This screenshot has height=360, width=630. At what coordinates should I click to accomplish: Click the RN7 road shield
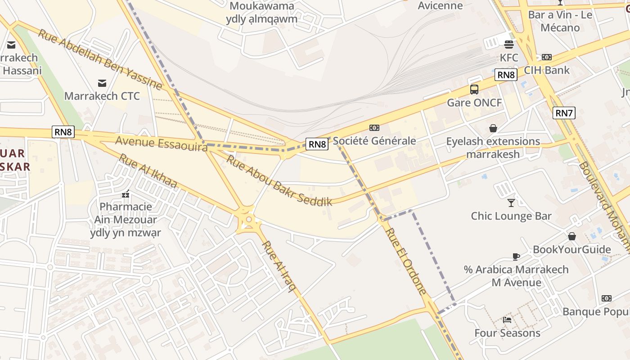click(x=564, y=113)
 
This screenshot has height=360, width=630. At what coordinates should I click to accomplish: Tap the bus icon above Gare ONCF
click(x=474, y=89)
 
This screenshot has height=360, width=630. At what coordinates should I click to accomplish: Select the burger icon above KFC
click(x=509, y=44)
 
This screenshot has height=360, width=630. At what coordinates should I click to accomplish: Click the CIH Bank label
click(x=547, y=70)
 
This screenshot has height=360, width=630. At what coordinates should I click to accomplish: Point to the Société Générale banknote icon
click(x=374, y=128)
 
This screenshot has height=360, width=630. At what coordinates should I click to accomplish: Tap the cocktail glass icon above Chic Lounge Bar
click(x=511, y=202)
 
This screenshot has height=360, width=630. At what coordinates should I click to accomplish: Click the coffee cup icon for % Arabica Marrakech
click(x=516, y=256)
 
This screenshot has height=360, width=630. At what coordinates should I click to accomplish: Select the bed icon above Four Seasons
click(x=507, y=320)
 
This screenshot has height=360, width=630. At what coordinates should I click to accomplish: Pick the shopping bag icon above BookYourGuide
click(x=571, y=236)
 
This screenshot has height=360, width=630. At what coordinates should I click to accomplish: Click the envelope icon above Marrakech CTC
click(x=102, y=83)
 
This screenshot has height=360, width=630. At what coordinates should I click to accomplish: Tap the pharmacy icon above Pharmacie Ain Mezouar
click(x=125, y=194)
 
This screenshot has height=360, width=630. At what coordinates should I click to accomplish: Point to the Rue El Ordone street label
click(x=406, y=261)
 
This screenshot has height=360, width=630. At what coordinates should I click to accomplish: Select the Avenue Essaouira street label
click(x=161, y=143)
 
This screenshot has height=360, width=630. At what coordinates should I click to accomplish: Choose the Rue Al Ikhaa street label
click(x=148, y=171)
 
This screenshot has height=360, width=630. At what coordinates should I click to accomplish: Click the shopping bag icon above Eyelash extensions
click(x=493, y=128)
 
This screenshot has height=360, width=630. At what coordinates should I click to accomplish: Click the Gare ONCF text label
click(x=474, y=103)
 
